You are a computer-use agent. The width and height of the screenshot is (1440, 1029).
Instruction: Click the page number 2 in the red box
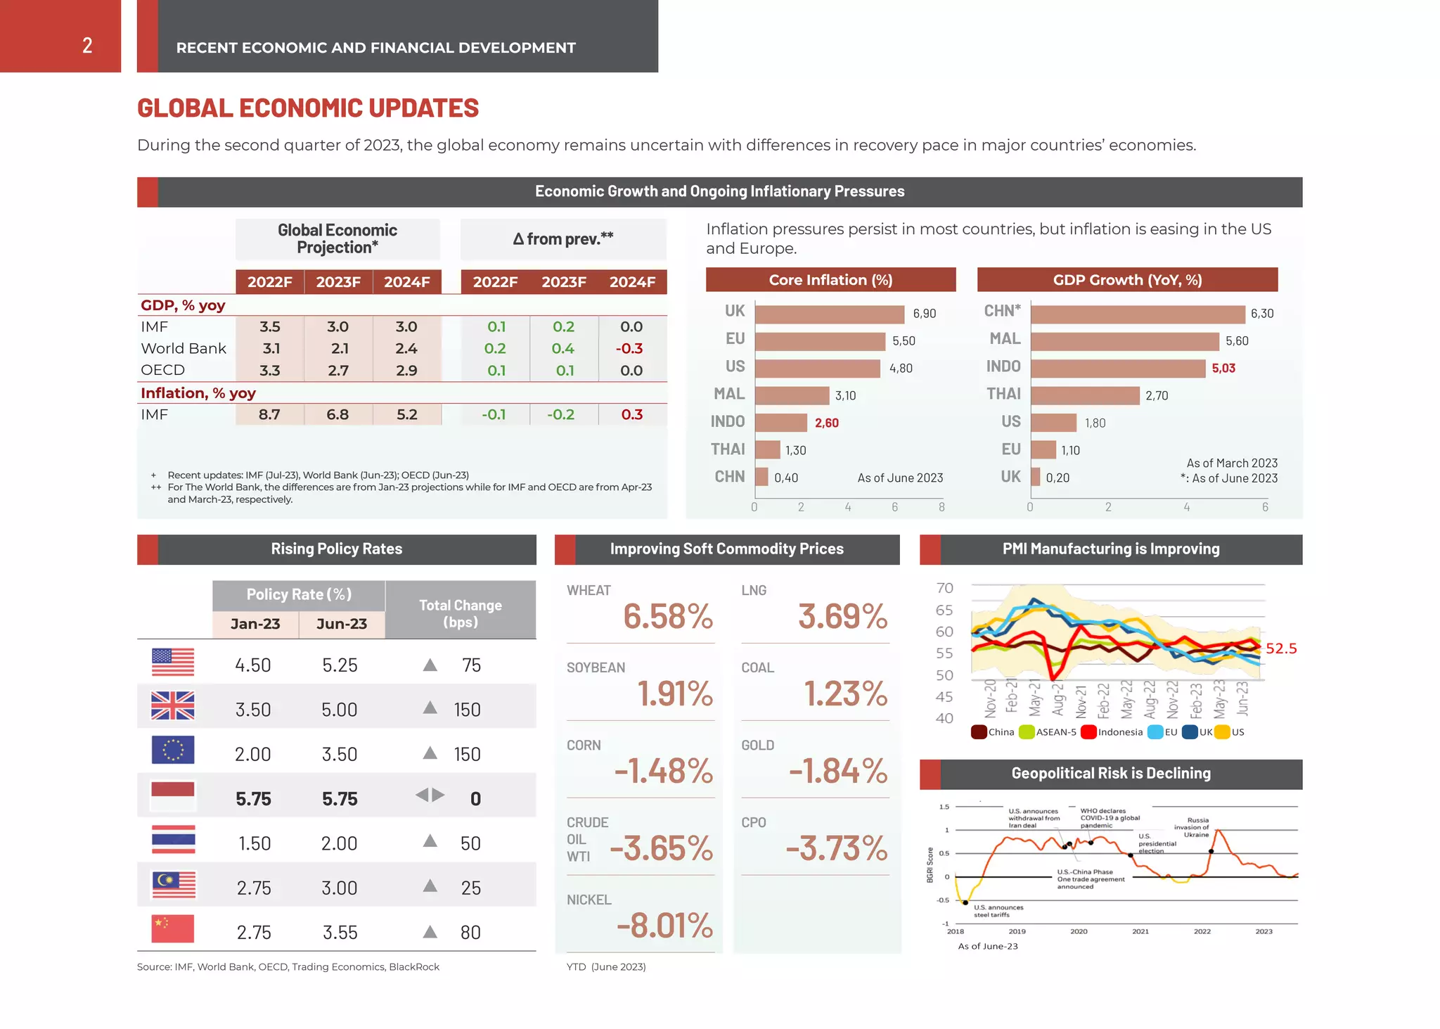[x=87, y=46]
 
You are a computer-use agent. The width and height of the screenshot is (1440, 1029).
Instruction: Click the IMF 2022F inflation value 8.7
[x=269, y=415]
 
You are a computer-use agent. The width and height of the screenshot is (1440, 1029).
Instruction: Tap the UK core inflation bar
[x=829, y=314]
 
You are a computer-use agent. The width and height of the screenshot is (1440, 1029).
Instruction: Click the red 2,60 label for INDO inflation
[x=826, y=423]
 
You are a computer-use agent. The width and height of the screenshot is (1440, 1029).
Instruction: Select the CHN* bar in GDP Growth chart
[x=1137, y=314]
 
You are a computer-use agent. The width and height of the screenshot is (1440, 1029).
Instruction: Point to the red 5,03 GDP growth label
[x=1223, y=369]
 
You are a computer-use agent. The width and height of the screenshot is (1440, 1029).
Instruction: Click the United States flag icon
[x=173, y=663]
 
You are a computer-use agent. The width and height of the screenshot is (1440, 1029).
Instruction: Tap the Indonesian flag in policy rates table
[x=173, y=797]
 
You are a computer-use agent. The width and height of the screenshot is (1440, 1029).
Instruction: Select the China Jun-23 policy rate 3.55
[x=340, y=933]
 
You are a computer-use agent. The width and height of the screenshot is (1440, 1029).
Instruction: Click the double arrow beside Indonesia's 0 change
[x=430, y=795]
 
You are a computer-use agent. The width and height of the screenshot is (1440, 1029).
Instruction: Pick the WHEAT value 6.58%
[x=667, y=617]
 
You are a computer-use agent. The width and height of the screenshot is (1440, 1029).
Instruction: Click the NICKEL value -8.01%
[x=664, y=926]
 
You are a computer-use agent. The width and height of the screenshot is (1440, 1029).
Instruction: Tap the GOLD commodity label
[x=757, y=746]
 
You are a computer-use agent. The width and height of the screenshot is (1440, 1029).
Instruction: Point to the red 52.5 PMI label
[x=1281, y=648]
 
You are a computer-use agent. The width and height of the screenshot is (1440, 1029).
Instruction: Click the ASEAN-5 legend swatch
[x=1027, y=732]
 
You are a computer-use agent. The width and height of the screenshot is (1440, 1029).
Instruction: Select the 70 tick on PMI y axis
[x=944, y=588]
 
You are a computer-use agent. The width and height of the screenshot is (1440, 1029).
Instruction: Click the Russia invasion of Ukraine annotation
[x=1197, y=827]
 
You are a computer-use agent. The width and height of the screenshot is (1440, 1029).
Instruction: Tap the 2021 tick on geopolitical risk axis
[x=1140, y=931]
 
